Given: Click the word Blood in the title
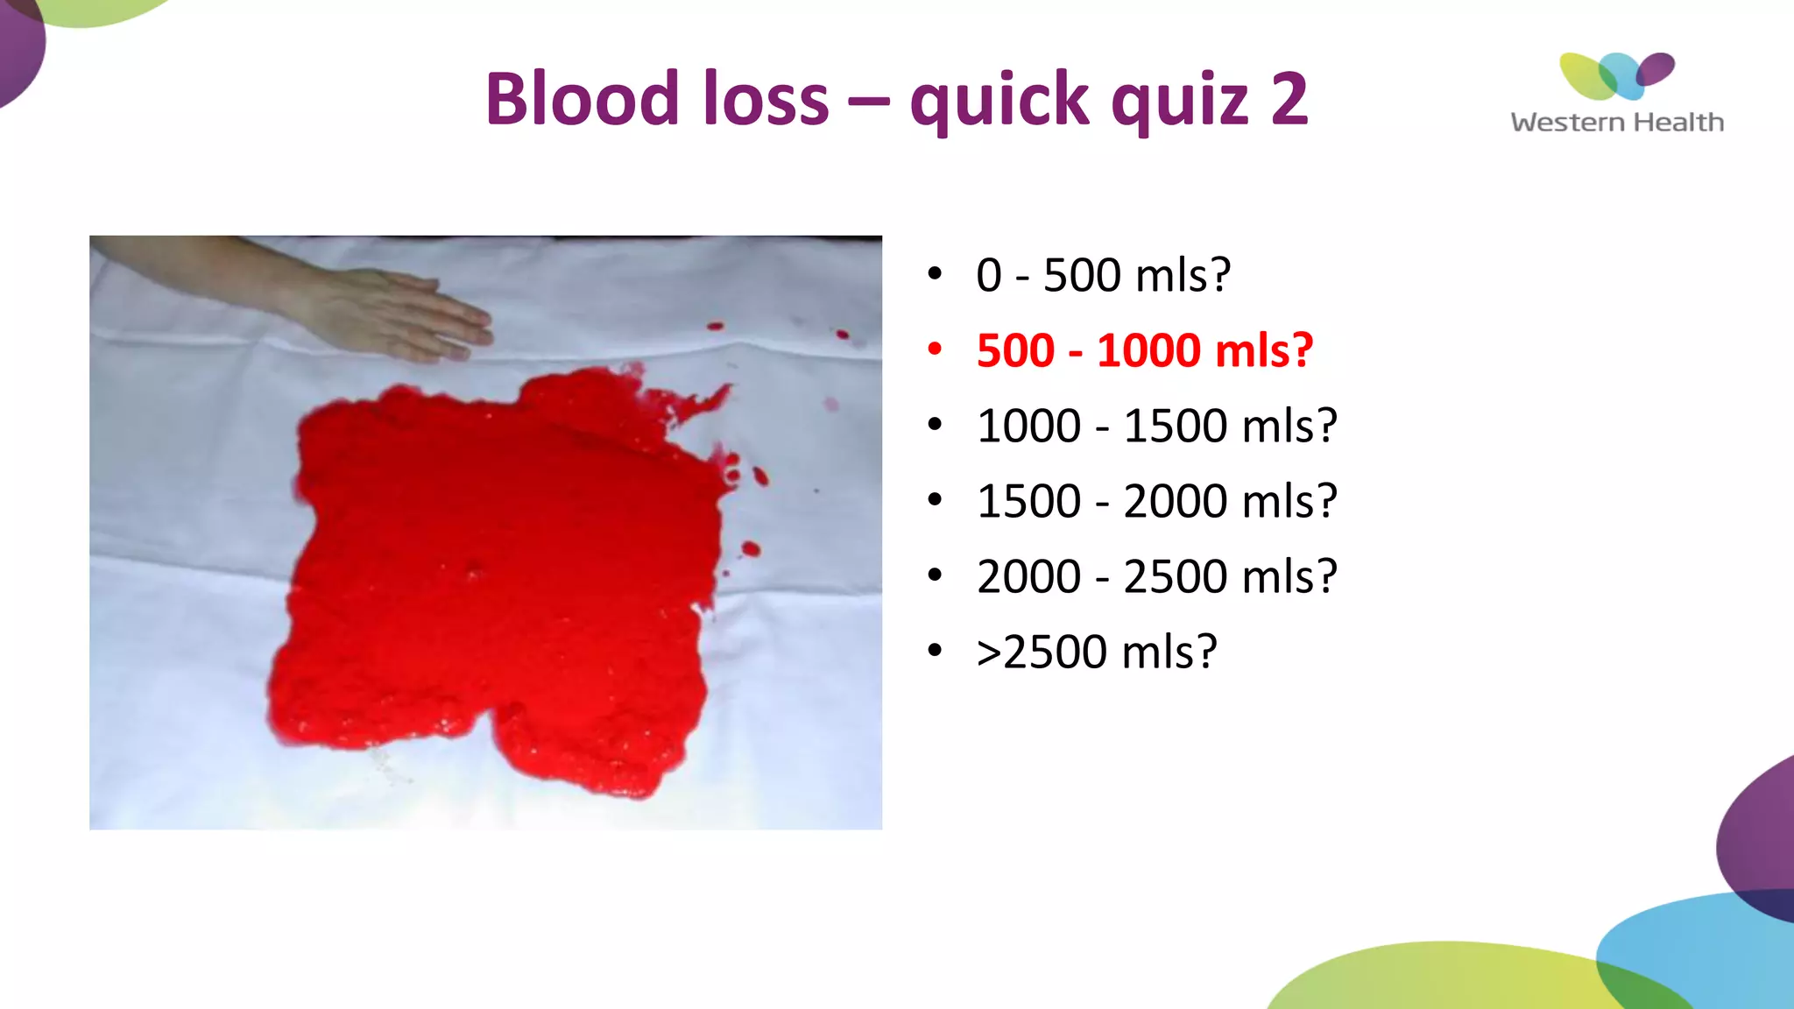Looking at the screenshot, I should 583,98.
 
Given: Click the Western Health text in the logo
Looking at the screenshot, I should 1617,122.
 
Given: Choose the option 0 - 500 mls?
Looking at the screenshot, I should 1103,275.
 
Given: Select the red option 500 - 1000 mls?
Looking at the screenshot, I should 1144,350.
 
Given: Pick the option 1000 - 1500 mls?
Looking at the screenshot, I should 1156,426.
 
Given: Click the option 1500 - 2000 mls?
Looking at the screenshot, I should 1156,501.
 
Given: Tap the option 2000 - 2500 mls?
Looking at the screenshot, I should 1156,576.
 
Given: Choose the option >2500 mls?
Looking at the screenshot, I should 1097,652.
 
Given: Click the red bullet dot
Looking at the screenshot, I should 935,350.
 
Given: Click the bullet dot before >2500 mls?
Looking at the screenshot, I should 935,651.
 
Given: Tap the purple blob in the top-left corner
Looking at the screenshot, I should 18,48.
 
